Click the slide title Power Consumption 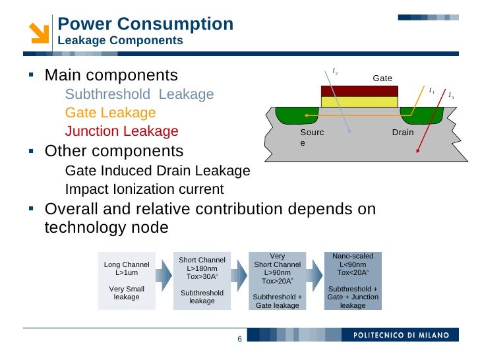tap(145, 24)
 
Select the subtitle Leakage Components tap(120, 41)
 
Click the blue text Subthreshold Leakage tap(139, 94)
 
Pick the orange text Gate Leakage tap(110, 113)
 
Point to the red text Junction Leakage tap(121, 131)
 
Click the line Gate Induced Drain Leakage tap(158, 171)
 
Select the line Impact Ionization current tap(144, 190)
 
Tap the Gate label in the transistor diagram tap(382, 78)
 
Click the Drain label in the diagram tap(402, 133)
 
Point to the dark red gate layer tap(359, 91)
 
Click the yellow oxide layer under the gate tap(359, 102)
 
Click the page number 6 tap(239, 339)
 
